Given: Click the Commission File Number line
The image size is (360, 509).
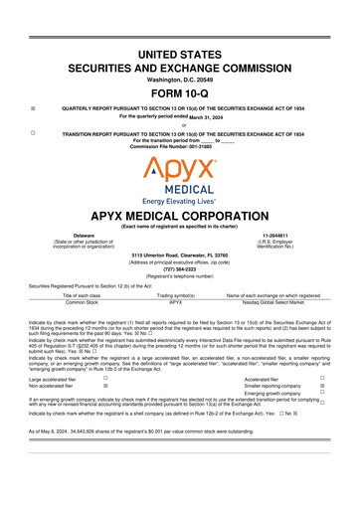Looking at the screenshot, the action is pos(179,145).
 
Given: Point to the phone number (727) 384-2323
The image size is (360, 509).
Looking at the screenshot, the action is pos(179,266).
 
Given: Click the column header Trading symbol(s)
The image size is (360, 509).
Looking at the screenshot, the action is pos(180,296).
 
